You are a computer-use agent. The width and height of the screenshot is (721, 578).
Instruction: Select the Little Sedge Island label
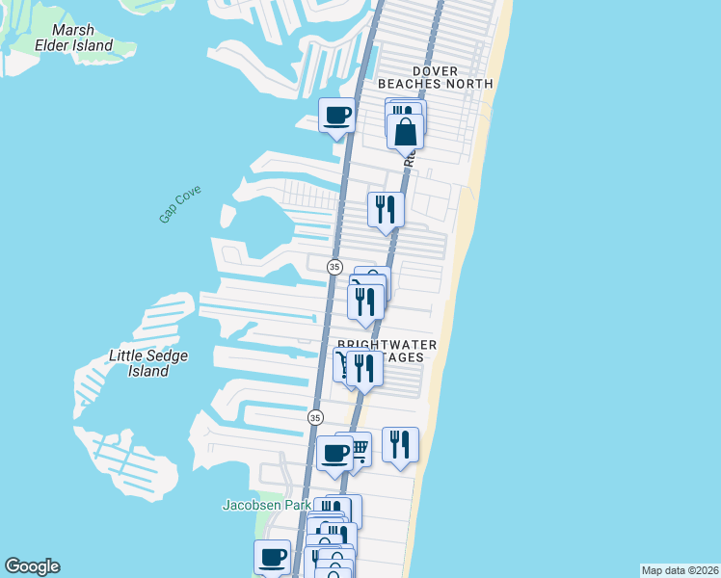[x=147, y=363]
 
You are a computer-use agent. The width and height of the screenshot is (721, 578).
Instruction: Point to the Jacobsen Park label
[x=267, y=504]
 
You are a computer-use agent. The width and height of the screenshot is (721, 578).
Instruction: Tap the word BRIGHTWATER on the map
[x=386, y=344]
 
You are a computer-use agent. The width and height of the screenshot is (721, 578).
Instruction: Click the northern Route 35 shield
[x=334, y=266]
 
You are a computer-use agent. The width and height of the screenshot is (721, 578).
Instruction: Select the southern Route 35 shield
[x=315, y=417]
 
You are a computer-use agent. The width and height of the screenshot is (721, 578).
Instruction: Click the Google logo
[x=32, y=566]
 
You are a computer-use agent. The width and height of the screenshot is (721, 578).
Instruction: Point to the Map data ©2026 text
[x=680, y=569]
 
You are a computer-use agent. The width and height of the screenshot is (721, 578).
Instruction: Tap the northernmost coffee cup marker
[x=337, y=117]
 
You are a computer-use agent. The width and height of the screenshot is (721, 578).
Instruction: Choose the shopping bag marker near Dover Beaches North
[x=406, y=131]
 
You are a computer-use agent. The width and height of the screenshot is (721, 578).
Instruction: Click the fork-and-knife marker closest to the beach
[x=400, y=444]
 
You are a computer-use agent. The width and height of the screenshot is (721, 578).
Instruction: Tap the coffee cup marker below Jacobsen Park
[x=272, y=557]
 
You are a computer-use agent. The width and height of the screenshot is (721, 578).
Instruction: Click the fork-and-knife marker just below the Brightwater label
[x=363, y=368]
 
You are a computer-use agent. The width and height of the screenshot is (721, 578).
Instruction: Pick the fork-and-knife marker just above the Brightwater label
[x=365, y=301]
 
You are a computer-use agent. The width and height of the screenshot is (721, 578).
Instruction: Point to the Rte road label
[x=409, y=157]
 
